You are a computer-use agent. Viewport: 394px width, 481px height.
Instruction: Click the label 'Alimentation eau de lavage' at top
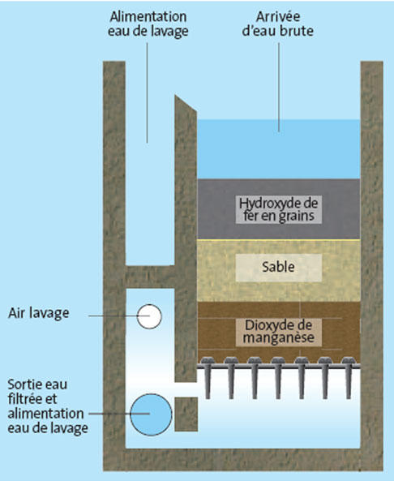[148, 24]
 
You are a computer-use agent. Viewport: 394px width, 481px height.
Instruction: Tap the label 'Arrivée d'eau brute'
[278, 24]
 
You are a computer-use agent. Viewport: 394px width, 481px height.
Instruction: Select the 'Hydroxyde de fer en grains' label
[278, 209]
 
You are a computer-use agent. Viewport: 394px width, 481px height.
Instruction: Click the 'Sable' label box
[278, 267]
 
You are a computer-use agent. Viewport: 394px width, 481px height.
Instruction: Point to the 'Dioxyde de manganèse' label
[278, 332]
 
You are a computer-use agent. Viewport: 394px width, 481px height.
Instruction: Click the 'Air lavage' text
[39, 313]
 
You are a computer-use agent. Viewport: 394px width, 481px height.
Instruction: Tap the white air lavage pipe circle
[149, 316]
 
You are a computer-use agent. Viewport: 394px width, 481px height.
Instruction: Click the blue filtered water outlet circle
[151, 414]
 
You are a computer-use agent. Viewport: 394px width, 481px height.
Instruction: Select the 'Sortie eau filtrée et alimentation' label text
[45, 399]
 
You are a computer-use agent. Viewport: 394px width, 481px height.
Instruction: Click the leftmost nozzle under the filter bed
[208, 376]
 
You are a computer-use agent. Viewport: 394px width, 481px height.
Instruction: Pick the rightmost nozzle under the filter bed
[349, 376]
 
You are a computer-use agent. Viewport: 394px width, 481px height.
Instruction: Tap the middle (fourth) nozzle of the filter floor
[278, 376]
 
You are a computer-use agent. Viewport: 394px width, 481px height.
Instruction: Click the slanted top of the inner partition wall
[186, 103]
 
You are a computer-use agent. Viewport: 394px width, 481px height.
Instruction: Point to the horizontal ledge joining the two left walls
[150, 277]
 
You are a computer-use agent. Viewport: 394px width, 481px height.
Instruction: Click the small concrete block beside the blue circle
[186, 414]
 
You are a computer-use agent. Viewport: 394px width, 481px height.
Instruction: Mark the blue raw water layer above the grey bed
[278, 149]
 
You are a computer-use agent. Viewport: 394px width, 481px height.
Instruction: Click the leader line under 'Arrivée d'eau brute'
[279, 87]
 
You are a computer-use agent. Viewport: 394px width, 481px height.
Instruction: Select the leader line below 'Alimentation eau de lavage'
[147, 92]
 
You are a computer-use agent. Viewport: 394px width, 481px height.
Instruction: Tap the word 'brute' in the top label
[296, 32]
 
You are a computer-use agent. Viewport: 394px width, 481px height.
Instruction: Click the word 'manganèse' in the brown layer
[278, 338]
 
